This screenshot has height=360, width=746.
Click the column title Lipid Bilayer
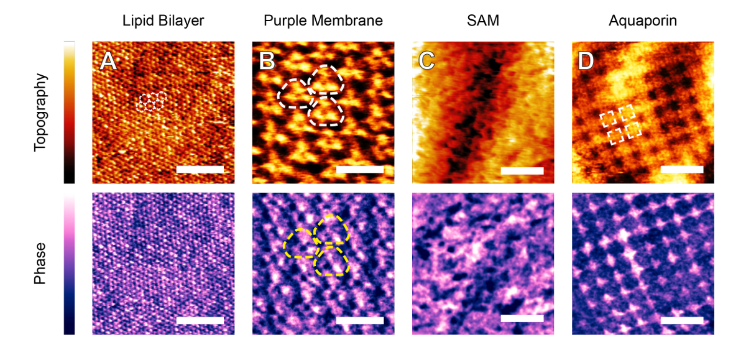click(x=163, y=21)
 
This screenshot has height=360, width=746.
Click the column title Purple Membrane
click(x=323, y=21)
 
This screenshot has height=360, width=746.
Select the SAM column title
click(x=482, y=21)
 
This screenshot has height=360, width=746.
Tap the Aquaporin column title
click(x=643, y=21)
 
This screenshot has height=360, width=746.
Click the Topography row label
click(x=40, y=113)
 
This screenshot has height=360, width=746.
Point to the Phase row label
click(x=40, y=264)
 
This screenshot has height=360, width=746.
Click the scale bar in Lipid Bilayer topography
click(x=200, y=169)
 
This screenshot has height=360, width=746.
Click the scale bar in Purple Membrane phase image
click(x=359, y=320)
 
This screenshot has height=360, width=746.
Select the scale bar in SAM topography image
click(x=522, y=170)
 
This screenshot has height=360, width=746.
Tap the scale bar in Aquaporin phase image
click(x=682, y=320)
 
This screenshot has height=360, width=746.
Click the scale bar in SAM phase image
click(x=522, y=318)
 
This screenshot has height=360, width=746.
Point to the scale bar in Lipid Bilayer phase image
click(x=200, y=320)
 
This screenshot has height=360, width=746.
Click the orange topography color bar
click(x=69, y=113)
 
